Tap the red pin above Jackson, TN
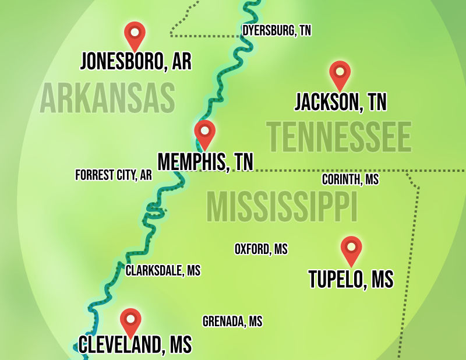coord(340,73)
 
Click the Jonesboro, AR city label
coord(136,61)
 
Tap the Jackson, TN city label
coord(341,102)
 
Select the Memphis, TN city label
coord(206,161)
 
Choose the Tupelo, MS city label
coord(351,279)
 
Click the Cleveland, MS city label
coord(135,345)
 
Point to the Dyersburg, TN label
coord(277,31)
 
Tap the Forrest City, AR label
coord(114,175)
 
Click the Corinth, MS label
coord(350,179)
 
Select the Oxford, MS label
coord(261,249)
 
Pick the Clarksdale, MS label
coord(163,270)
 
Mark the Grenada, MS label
coord(232,321)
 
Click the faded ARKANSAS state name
coord(108,98)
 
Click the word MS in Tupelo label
coord(382,279)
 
